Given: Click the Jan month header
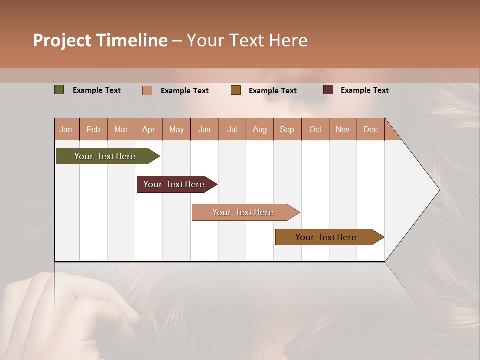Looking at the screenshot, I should coord(66,129).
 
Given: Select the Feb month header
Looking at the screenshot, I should coord(93,129).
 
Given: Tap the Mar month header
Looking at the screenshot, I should coord(121,129).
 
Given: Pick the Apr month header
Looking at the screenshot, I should coord(149,129).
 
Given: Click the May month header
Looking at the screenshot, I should coord(176,129).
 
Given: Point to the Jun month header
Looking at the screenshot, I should coord(204,129).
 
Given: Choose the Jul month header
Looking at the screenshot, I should coord(232,129).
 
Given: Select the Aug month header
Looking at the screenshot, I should coord(260,129).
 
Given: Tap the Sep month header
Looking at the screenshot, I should coord(287,129).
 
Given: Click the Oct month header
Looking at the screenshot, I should coord(315,129).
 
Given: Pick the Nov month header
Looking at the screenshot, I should coord(343,129).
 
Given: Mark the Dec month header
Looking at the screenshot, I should coord(371,129).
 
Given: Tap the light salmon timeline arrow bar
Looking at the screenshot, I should coord(244,212).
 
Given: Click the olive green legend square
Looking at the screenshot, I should coord(59,90).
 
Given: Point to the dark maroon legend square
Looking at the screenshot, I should coord(328,90).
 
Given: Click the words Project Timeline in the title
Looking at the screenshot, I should coord(100,40).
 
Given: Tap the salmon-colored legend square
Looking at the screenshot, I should coord(147,90).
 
